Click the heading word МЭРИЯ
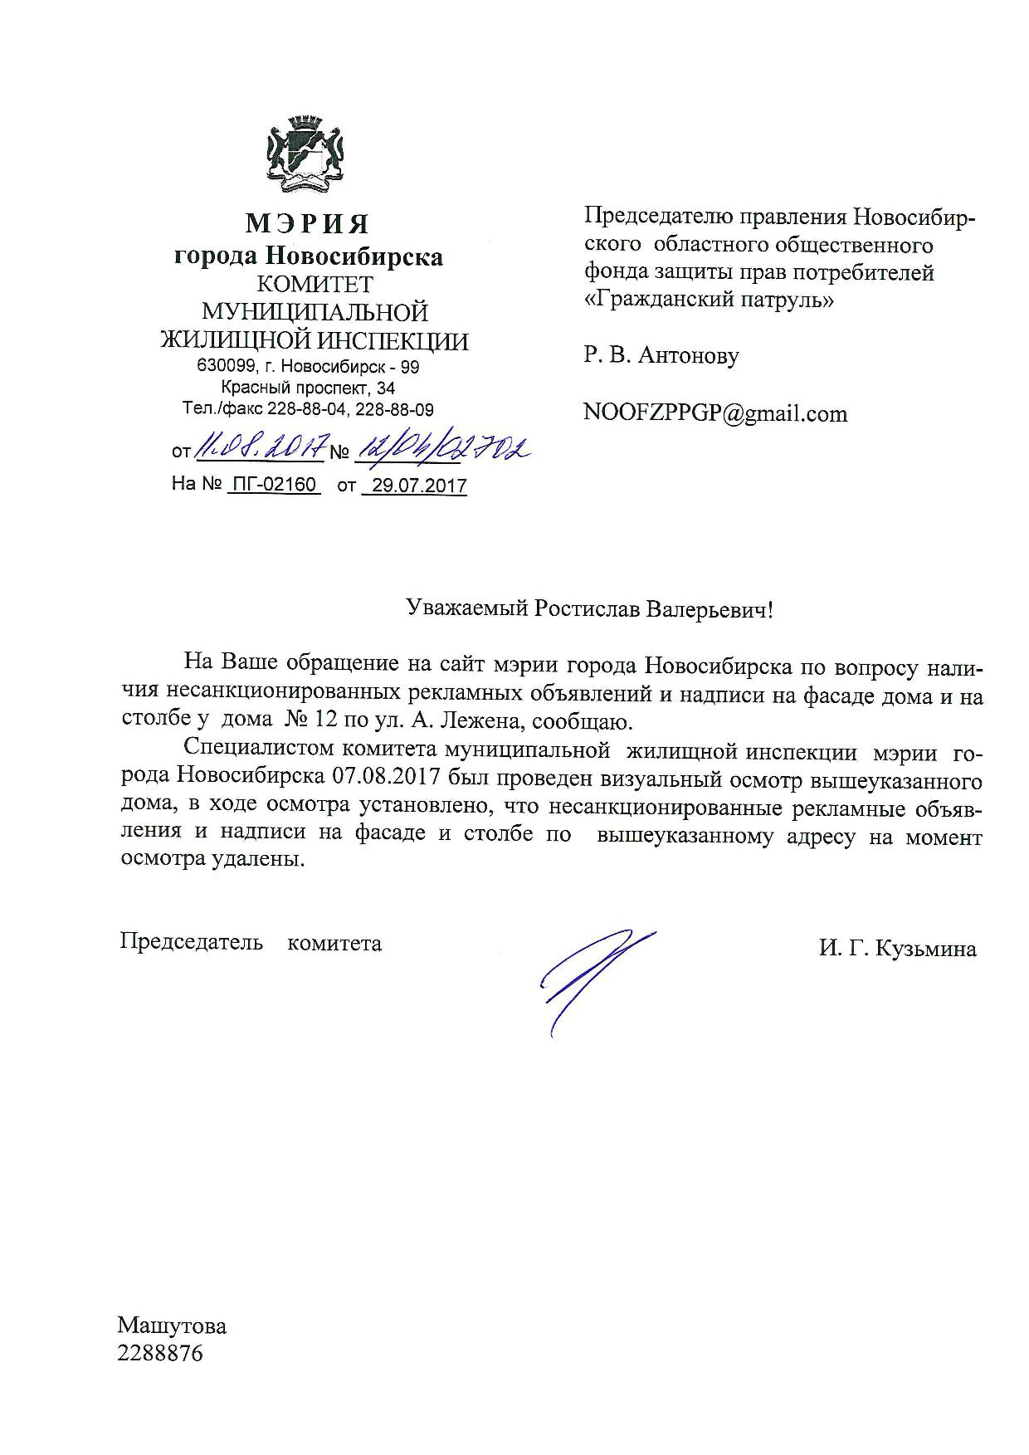click(x=307, y=223)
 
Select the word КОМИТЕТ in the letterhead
click(x=315, y=284)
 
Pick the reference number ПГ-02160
click(x=274, y=485)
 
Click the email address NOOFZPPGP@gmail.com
click(x=715, y=413)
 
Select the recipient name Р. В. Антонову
click(x=661, y=356)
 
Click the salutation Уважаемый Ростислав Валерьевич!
click(x=589, y=610)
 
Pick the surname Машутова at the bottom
click(x=172, y=1326)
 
